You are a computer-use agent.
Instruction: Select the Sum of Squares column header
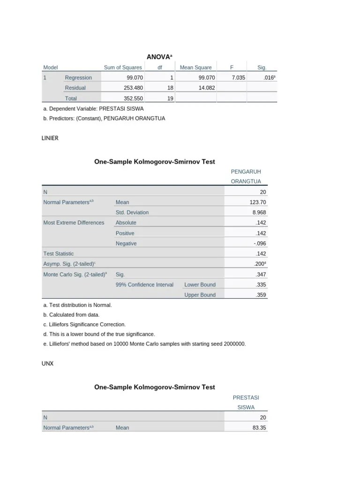123,67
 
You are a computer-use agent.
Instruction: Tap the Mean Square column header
195,67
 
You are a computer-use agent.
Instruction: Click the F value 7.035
238,78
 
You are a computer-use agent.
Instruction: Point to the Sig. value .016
268,78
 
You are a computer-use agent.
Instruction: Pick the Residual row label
75,88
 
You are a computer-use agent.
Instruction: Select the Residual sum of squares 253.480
133,88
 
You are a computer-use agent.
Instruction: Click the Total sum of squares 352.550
133,98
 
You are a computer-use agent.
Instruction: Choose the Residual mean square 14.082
205,88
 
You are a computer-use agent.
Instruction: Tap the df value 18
171,88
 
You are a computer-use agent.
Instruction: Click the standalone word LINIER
50,138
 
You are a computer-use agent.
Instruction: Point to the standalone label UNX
47,364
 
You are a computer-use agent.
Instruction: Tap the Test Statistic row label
58,254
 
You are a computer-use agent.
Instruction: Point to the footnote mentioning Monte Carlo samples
144,344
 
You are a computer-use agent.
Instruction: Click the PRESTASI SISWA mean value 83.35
259,427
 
